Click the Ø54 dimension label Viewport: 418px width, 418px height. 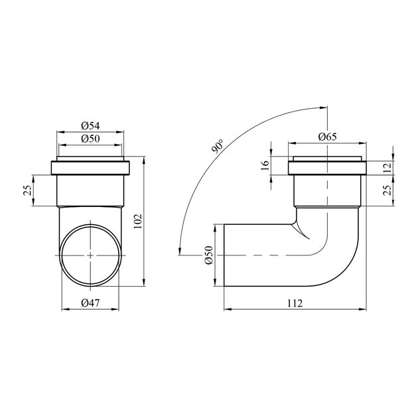90,126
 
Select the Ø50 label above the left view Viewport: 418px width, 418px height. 90,139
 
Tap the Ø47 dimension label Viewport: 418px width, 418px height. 90,303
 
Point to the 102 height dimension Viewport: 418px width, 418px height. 139,221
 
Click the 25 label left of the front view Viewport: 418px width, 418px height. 28,190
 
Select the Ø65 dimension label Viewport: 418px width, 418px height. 328,137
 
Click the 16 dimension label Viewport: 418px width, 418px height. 265,166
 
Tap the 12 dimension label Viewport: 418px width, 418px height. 387,167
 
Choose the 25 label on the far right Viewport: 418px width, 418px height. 387,190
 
